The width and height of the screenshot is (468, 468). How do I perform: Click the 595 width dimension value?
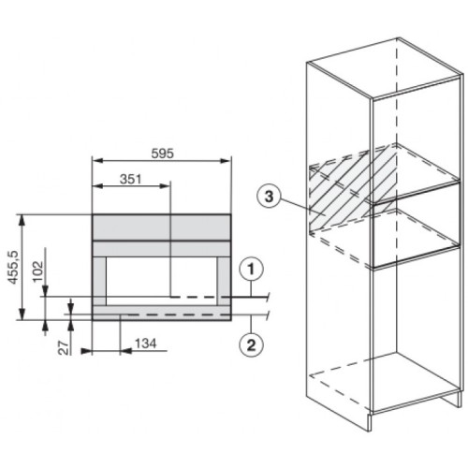tap(162, 154)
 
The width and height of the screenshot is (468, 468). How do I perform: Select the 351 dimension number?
tap(131, 179)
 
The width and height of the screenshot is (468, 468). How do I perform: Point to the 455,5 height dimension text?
tap(13, 267)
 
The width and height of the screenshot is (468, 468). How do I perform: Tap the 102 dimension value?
tap(38, 271)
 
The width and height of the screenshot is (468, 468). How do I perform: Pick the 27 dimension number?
tap(64, 348)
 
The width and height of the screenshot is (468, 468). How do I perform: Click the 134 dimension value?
tap(146, 344)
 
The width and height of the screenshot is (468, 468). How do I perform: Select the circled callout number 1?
tap(251, 270)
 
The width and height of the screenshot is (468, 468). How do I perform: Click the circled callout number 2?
tap(251, 345)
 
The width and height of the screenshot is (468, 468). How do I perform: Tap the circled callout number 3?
tap(269, 197)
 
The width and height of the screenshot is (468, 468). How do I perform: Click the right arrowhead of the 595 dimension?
tap(226, 161)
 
